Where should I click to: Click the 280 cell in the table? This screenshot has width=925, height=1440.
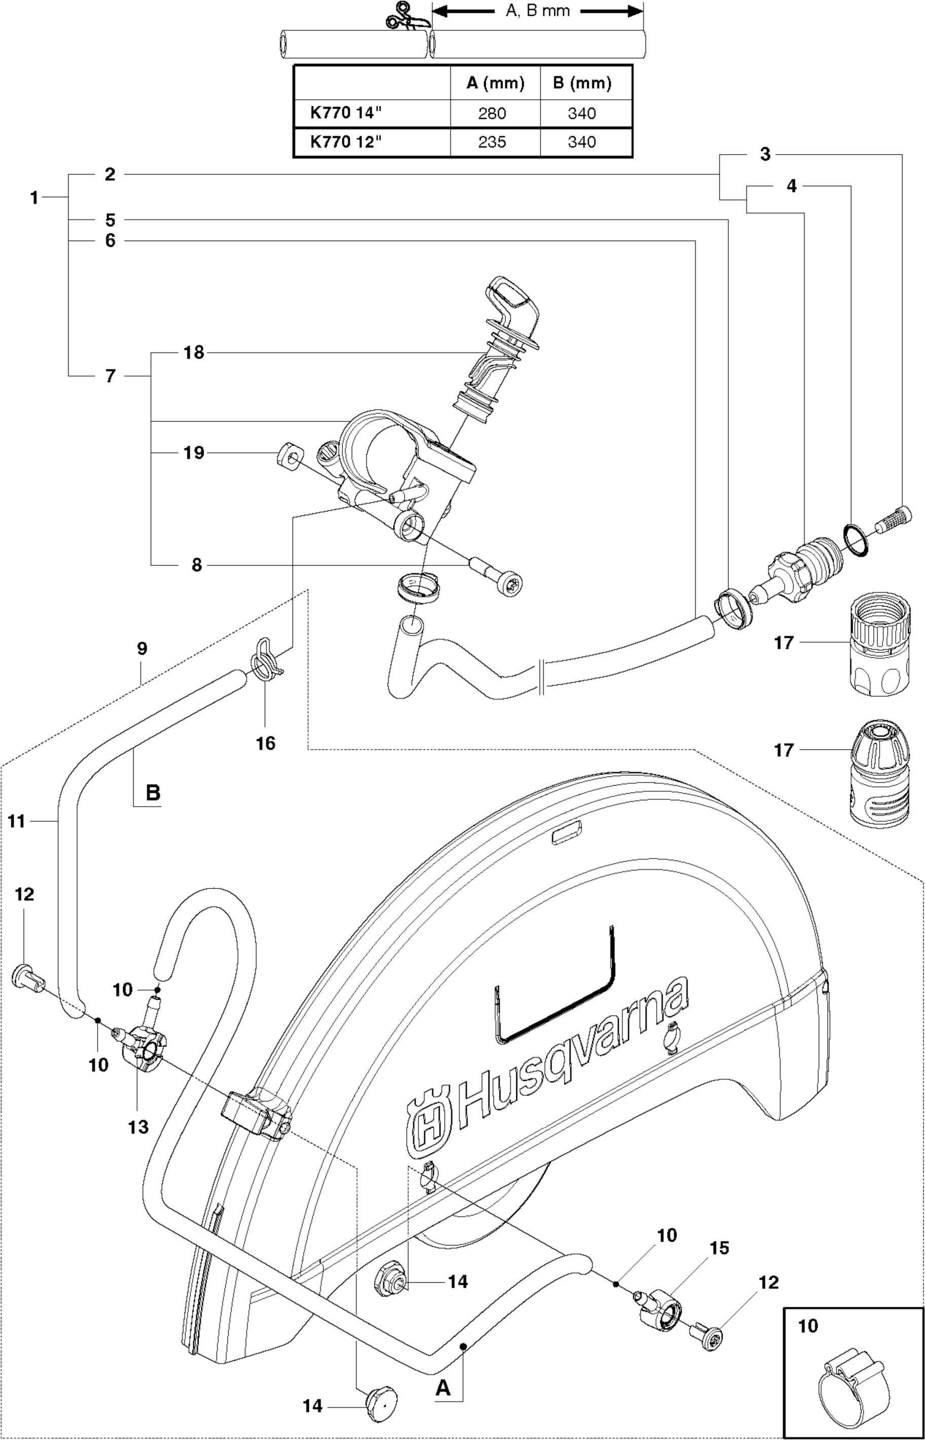(x=492, y=114)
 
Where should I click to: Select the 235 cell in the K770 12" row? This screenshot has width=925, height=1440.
(x=492, y=143)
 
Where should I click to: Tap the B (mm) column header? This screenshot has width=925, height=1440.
(x=582, y=84)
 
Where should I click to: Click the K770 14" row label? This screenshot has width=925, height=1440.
(x=346, y=114)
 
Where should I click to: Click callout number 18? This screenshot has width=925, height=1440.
(x=193, y=353)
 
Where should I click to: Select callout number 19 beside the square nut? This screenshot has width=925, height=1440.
(x=193, y=453)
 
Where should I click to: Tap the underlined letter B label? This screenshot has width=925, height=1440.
(x=153, y=793)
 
